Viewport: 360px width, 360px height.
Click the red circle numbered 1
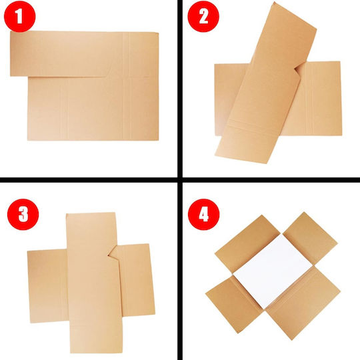coord(20,16)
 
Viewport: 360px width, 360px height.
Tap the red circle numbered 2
coord(203,16)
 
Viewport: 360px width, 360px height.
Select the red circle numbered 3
coord(23,214)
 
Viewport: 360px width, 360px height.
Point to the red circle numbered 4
coord(203,214)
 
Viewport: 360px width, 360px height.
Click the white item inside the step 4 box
coord(273,271)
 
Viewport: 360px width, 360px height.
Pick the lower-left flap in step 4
coord(234,304)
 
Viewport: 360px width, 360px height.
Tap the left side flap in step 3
coord(48,286)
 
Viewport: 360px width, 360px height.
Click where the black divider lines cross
coord(180,180)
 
